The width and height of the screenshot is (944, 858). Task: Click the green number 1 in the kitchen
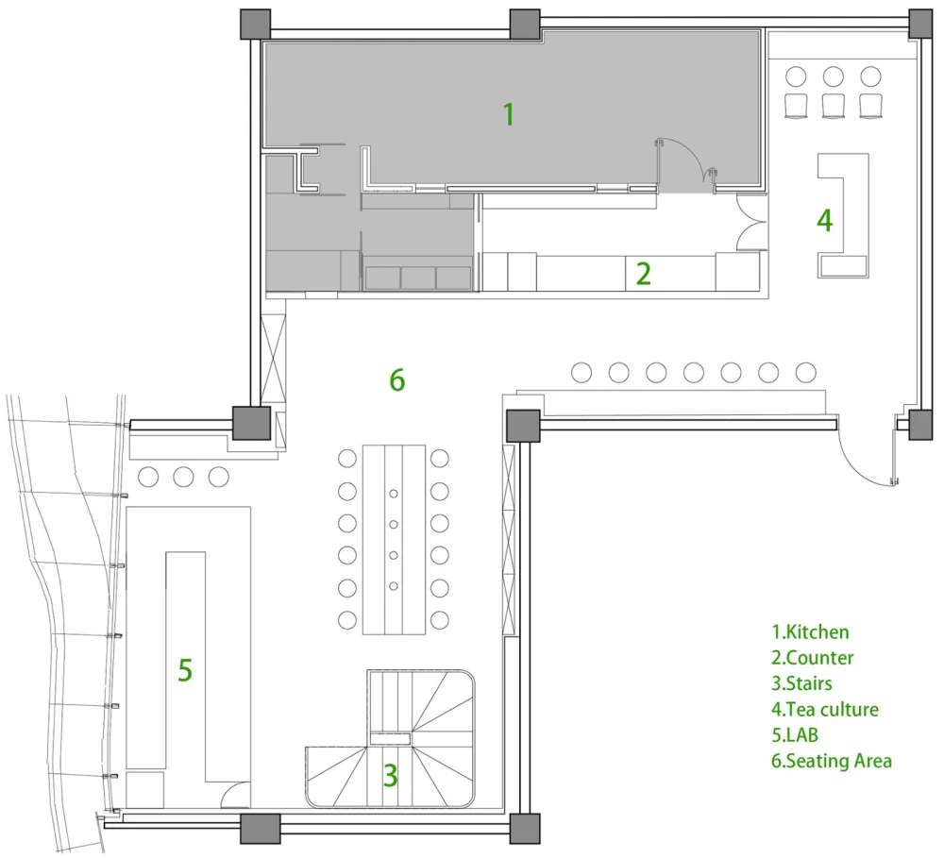click(509, 114)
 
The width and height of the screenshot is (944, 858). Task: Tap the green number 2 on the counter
click(644, 274)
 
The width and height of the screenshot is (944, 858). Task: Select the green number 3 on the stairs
click(390, 776)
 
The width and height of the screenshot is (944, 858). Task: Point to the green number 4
click(824, 220)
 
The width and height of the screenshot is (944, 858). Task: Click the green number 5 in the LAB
click(185, 670)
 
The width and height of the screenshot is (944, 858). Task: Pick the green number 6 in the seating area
click(396, 380)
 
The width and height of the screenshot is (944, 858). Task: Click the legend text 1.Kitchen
click(810, 632)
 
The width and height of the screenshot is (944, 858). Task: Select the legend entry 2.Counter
click(812, 658)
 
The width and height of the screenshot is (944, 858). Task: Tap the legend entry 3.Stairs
click(801, 683)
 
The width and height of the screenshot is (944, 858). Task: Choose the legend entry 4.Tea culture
click(825, 709)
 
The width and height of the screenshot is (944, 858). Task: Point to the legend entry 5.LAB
click(795, 735)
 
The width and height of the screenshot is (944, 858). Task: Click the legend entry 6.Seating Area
click(832, 761)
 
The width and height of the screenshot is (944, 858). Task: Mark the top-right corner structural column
click(919, 25)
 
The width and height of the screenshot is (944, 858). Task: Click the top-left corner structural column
click(255, 25)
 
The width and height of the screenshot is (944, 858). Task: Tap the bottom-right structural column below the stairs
click(525, 829)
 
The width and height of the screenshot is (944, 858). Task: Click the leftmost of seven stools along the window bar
click(581, 373)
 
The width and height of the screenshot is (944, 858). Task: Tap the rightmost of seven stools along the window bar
click(805, 373)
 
